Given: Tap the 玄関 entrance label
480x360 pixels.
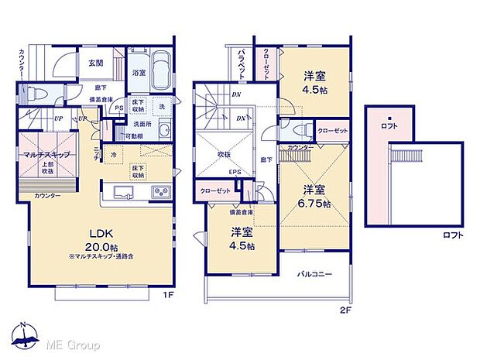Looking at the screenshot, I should tap(95, 63).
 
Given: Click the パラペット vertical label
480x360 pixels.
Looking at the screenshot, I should tap(242, 63).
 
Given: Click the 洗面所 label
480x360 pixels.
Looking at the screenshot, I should tap(142, 124).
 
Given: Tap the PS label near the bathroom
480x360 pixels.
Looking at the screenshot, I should tap(118, 108).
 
